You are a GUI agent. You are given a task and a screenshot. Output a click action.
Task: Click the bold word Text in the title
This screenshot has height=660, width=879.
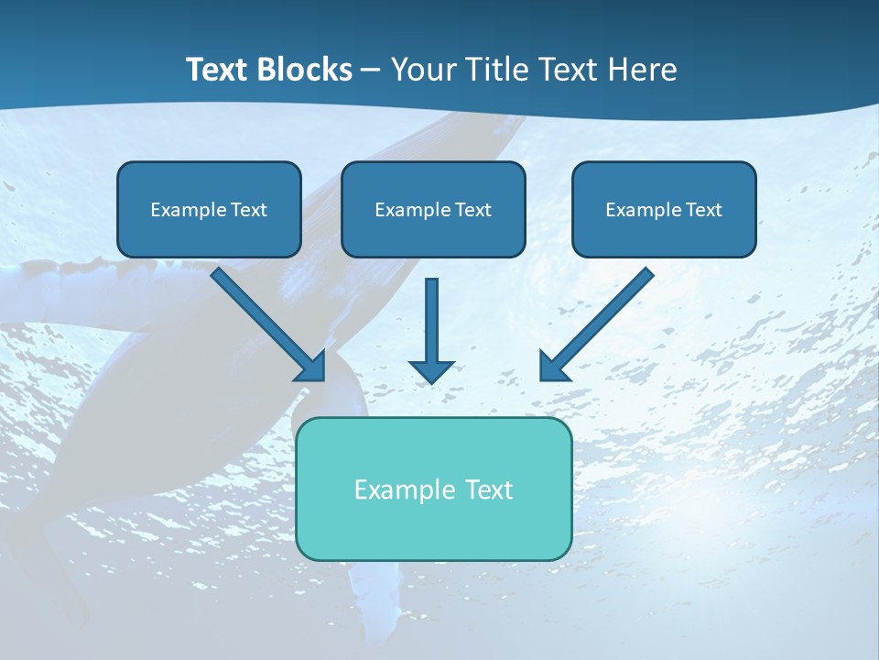(x=217, y=70)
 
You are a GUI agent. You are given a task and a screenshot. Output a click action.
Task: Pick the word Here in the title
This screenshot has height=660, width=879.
(x=642, y=70)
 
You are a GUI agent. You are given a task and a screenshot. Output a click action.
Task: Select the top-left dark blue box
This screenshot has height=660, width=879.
(x=209, y=209)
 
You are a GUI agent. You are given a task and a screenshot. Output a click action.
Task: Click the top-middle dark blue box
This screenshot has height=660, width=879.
(x=433, y=209)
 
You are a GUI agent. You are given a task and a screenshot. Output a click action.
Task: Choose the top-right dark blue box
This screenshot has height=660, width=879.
(x=664, y=209)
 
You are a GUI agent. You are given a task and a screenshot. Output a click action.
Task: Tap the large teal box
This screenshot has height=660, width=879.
(x=433, y=489)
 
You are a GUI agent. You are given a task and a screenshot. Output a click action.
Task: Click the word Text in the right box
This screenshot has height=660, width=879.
(x=703, y=210)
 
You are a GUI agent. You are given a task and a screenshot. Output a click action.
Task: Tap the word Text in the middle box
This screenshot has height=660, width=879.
(x=472, y=210)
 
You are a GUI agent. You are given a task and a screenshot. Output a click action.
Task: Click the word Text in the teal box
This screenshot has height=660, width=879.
(x=489, y=490)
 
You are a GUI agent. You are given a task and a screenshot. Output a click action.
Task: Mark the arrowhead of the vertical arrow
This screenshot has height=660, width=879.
(x=431, y=369)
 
